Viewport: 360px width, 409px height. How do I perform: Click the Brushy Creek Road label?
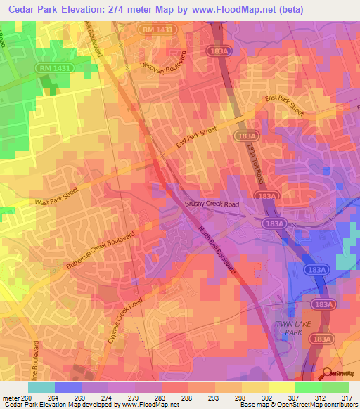click(x=212, y=204)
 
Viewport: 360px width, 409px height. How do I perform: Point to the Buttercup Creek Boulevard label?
click(x=103, y=242)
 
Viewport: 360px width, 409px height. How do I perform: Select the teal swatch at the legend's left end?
click(x=41, y=387)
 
